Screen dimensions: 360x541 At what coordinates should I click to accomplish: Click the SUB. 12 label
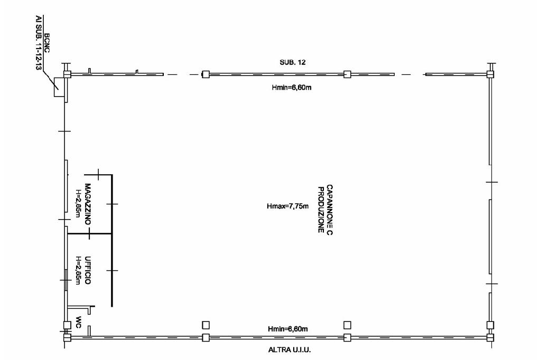pyautogui.click(x=293, y=62)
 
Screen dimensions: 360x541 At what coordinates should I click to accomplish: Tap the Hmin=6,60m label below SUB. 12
pyautogui.click(x=288, y=88)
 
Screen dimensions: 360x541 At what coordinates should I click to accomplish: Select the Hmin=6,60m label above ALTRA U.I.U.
pyautogui.click(x=288, y=329)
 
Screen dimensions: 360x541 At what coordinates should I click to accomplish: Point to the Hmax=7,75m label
pyautogui.click(x=287, y=206)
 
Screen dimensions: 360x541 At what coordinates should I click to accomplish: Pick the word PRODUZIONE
pyautogui.click(x=320, y=209)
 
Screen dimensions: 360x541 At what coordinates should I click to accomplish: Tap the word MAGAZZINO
pyautogui.click(x=88, y=205)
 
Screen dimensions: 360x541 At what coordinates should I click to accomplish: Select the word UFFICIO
pyautogui.click(x=88, y=270)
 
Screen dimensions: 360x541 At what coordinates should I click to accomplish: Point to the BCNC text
pyautogui.click(x=47, y=42)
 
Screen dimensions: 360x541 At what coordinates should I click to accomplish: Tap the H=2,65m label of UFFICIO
pyautogui.click(x=79, y=270)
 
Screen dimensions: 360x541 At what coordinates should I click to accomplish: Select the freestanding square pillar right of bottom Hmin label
pyautogui.click(x=347, y=325)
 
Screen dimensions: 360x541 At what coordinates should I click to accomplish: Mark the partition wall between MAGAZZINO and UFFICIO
pyautogui.click(x=89, y=233)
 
